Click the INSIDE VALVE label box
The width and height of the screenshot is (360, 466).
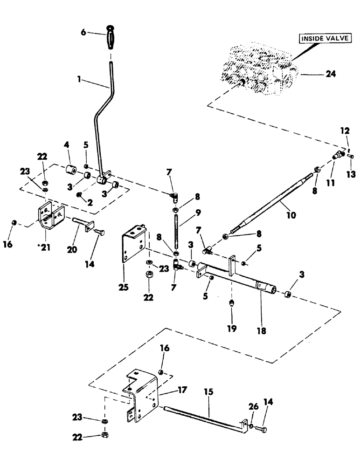tap(325, 39)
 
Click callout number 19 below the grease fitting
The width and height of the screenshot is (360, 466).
tap(232, 329)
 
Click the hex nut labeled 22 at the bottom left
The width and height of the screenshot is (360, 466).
tap(104, 436)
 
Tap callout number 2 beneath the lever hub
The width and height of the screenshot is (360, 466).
tap(89, 203)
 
